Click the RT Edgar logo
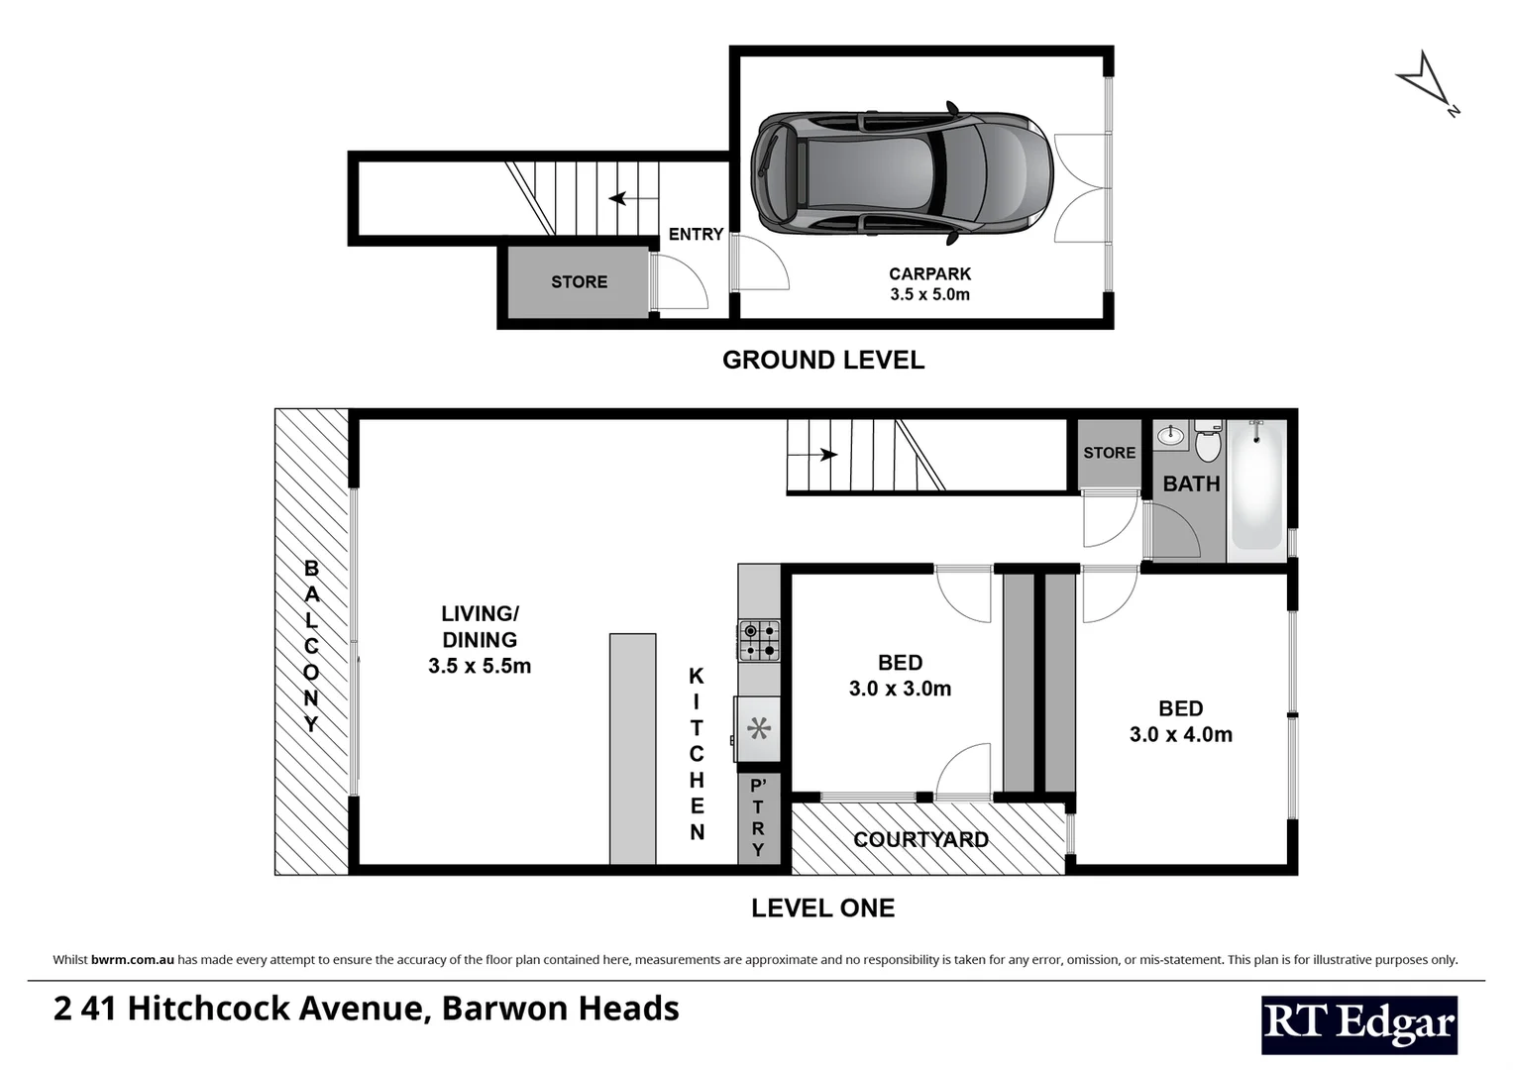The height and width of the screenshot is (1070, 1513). (x=1358, y=1024)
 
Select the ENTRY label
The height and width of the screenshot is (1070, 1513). (x=696, y=234)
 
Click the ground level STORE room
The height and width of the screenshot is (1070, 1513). (x=579, y=282)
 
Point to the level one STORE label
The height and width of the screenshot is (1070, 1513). (x=1109, y=453)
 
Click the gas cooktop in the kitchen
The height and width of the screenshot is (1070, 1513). (x=758, y=640)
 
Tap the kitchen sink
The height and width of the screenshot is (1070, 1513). (x=759, y=729)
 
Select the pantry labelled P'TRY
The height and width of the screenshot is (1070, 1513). (x=758, y=818)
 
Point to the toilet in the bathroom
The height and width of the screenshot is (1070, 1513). (x=1207, y=442)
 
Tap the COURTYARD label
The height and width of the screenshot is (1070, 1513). (x=920, y=840)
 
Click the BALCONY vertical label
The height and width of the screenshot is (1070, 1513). (x=311, y=646)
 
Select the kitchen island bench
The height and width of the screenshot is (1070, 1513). (x=632, y=749)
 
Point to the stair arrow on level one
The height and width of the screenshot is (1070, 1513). (x=825, y=455)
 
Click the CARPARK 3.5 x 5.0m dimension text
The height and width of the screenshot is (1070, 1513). (x=929, y=294)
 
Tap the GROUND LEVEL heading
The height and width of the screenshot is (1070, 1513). (x=822, y=360)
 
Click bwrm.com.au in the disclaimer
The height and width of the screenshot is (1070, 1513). (x=133, y=959)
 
